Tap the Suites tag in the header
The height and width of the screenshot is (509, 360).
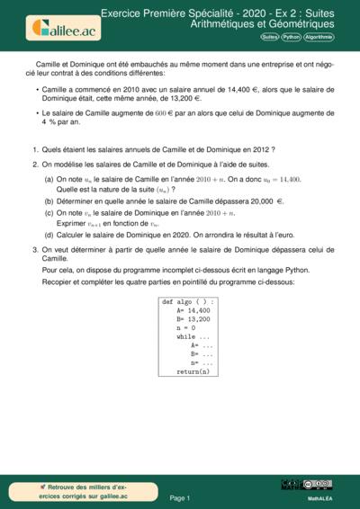click(269, 38)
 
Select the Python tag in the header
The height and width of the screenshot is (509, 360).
click(291, 38)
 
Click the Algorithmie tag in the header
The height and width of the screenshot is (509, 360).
click(319, 38)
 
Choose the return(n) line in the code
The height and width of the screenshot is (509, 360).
click(192, 371)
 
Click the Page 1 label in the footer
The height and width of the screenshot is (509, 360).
click(180, 497)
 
